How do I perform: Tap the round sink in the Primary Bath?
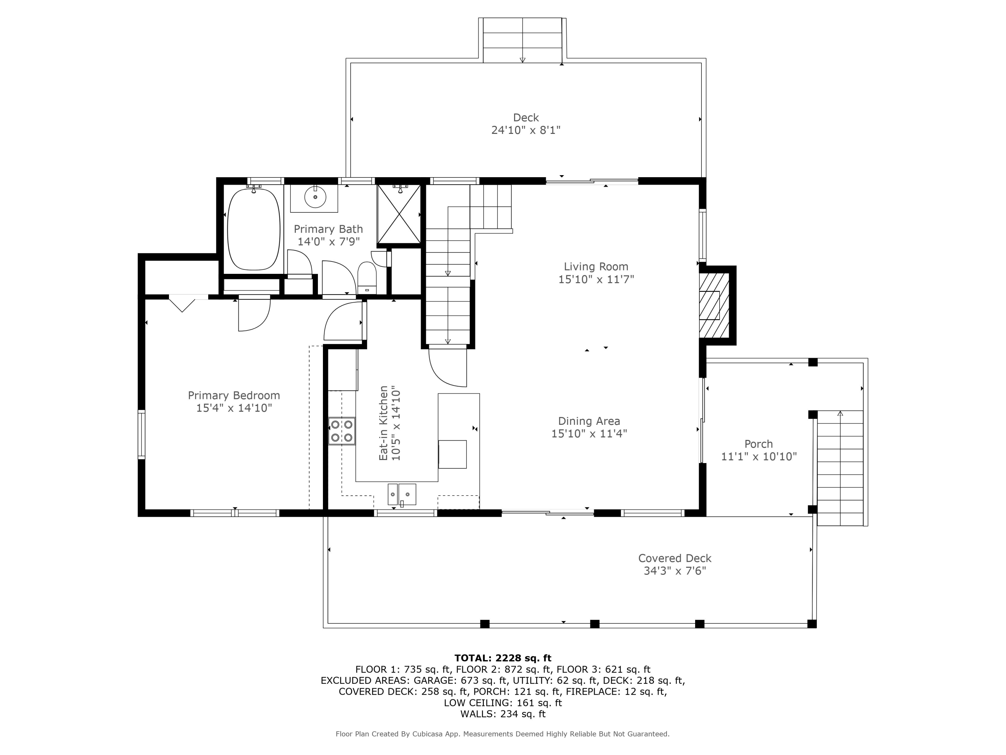[x=315, y=197]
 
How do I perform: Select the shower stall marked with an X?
[x=399, y=214]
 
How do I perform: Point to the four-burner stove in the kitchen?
[x=342, y=431]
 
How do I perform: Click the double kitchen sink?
[x=402, y=494]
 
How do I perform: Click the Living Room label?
[x=596, y=267]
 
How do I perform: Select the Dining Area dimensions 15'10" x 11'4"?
[x=589, y=434]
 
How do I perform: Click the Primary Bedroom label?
[x=234, y=396]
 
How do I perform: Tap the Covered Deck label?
[x=674, y=558]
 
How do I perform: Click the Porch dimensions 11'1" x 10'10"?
[x=759, y=456]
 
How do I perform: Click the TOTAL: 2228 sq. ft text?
[x=503, y=658]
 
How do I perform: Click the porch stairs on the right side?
[x=840, y=469]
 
